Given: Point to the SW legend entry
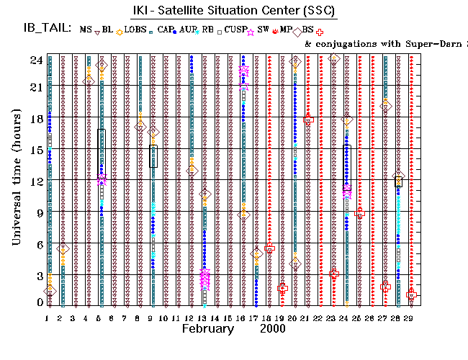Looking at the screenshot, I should click(263, 30).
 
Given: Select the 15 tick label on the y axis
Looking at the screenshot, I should click(34, 149).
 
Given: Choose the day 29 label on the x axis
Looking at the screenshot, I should click(410, 317).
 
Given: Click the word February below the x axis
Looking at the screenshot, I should click(207, 329).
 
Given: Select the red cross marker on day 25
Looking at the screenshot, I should click(360, 213).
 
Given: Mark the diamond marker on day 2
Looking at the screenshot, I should click(63, 249).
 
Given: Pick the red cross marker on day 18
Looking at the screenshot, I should click(269, 248).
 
